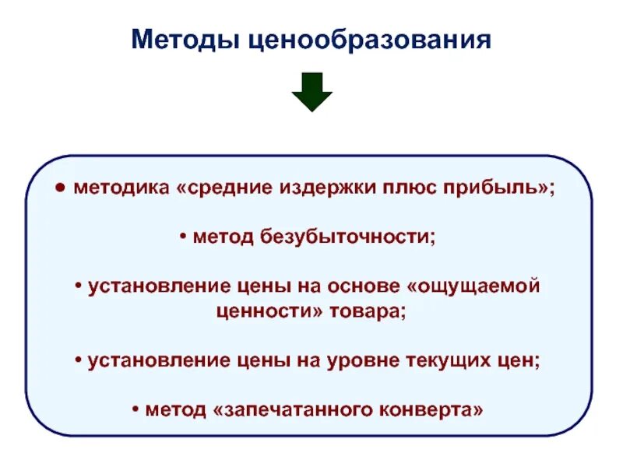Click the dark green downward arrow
(x=311, y=92)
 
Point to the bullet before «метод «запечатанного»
(x=137, y=409)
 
